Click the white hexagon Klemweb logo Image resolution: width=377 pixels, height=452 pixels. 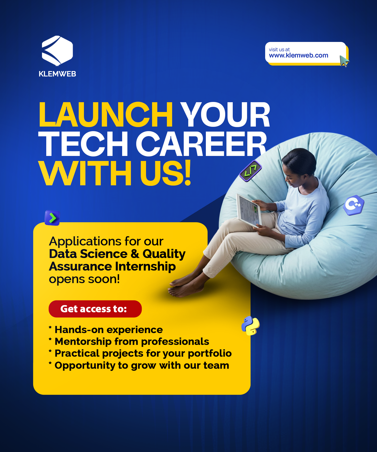click(57, 51)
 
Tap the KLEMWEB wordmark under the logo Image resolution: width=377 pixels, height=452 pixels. click(57, 74)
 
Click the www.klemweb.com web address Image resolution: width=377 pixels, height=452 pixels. click(299, 55)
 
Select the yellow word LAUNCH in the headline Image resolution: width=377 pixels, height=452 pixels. click(106, 115)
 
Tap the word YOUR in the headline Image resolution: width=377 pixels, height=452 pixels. click(225, 115)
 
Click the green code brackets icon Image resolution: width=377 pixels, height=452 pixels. click(251, 171)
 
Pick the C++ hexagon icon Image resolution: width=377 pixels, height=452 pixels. click(354, 205)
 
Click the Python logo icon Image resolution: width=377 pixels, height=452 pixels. click(250, 326)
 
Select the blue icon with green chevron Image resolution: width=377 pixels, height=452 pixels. click(52, 218)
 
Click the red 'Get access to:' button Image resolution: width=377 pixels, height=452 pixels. click(95, 309)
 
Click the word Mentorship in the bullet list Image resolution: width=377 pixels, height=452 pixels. click(83, 342)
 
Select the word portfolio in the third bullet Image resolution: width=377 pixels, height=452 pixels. click(210, 354)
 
